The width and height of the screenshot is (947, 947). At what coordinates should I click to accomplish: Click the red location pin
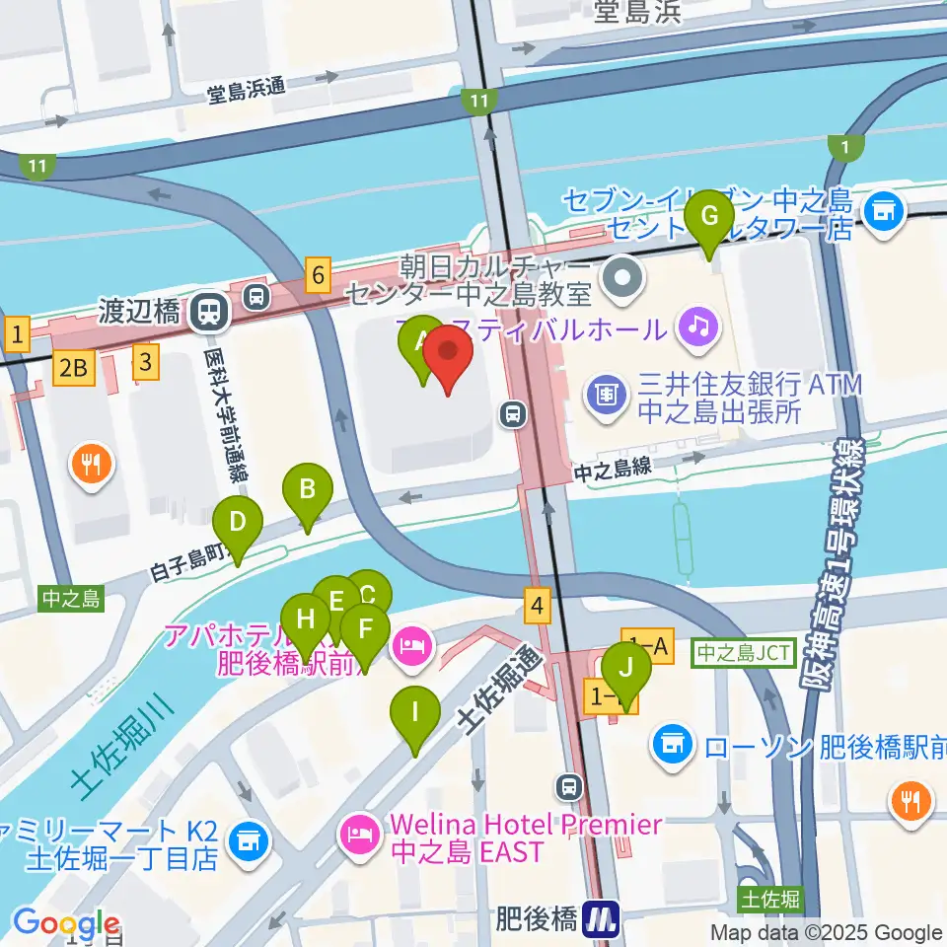coord(449,360)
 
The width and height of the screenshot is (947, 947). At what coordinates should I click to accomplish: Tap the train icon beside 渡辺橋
coord(210,312)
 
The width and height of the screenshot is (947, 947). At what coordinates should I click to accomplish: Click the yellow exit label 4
coord(537,605)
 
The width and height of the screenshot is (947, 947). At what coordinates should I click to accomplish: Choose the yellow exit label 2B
coord(75,367)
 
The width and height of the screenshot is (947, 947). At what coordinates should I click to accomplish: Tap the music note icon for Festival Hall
coord(698,325)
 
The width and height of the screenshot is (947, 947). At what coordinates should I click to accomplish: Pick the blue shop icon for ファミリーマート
coord(244,840)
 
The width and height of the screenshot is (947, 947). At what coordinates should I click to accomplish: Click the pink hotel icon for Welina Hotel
coord(357,836)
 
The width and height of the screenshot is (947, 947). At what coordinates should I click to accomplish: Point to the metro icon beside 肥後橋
coord(600,921)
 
